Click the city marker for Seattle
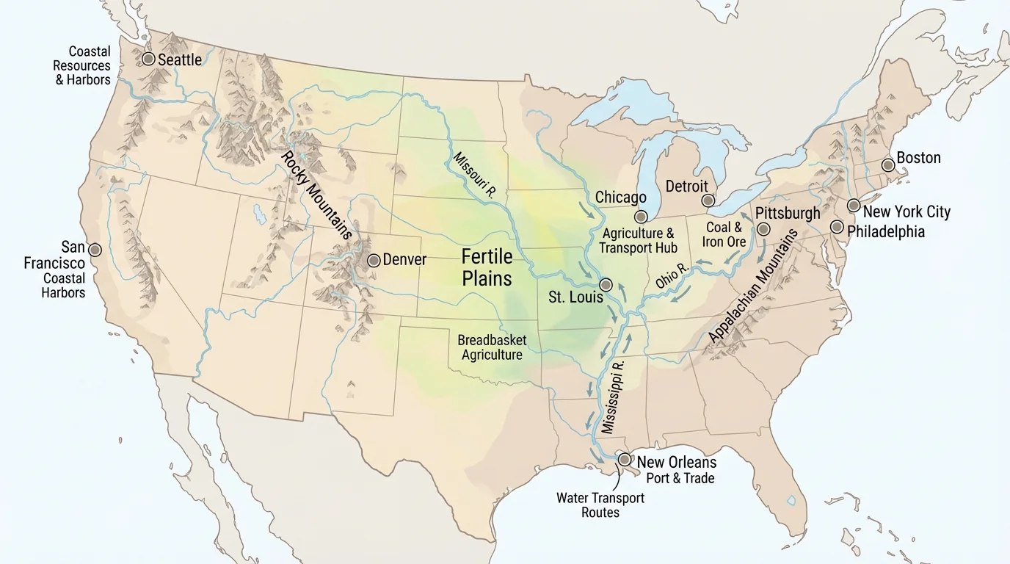click(148, 59)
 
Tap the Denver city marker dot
click(374, 260)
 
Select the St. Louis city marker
click(606, 284)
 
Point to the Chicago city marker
click(641, 216)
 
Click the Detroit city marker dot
click(708, 200)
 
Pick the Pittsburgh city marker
click(763, 229)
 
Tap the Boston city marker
click(887, 165)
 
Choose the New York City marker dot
click(853, 205)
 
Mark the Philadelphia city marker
click(837, 226)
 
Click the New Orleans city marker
click(624, 459)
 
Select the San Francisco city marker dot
click(95, 250)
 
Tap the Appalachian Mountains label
click(754, 286)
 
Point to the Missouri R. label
click(476, 175)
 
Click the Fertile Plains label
click(487, 267)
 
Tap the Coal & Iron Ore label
click(725, 234)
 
